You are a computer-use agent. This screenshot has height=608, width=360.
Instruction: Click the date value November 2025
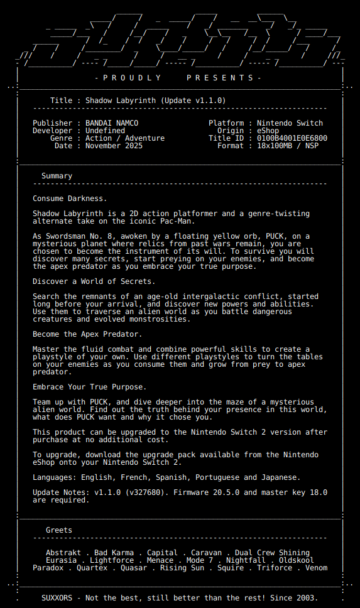point(114,146)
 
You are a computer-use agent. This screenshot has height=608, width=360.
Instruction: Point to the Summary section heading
point(57,176)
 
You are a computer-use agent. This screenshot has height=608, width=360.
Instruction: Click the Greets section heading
point(59,530)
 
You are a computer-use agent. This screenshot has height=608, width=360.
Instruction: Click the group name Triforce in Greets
point(275,568)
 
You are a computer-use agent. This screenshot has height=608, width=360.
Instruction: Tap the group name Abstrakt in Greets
point(63,553)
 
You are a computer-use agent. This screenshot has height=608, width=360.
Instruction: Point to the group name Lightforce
point(112,560)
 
